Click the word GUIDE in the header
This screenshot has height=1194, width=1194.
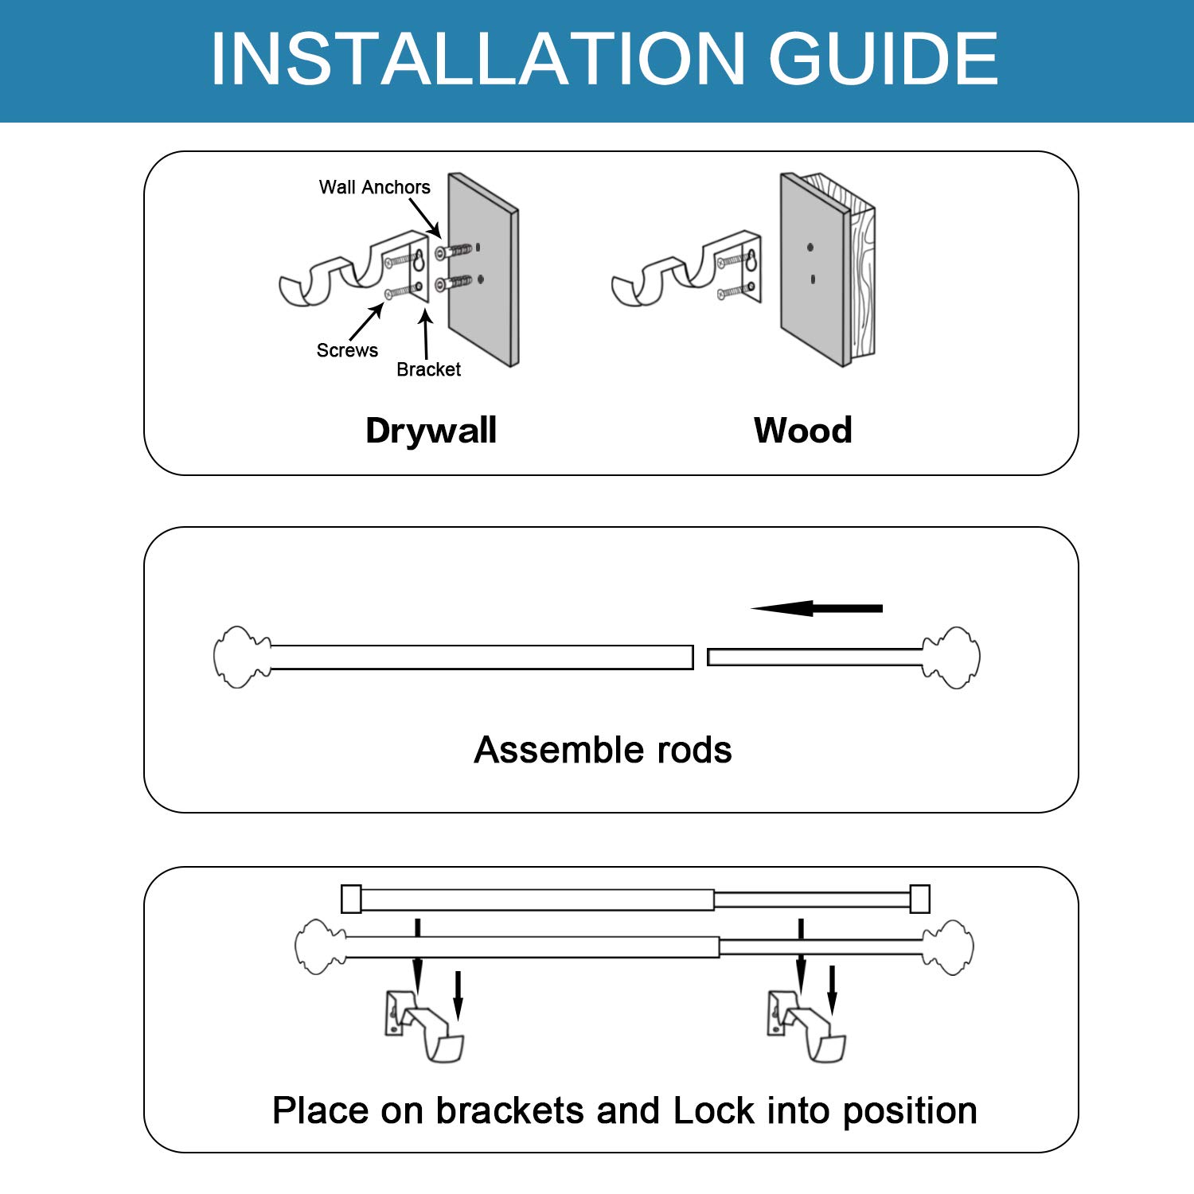click(x=883, y=59)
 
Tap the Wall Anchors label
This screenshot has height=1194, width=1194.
click(x=374, y=187)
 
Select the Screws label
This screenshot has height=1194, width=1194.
click(x=347, y=350)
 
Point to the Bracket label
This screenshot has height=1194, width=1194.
click(x=428, y=369)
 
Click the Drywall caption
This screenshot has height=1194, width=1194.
click(x=431, y=431)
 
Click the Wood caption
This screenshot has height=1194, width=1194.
click(x=802, y=431)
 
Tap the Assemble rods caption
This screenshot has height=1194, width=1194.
click(x=603, y=750)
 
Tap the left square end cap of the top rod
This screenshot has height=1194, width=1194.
click(x=351, y=899)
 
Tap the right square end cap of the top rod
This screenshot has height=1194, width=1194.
click(x=919, y=899)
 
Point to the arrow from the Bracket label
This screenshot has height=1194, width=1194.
click(x=426, y=334)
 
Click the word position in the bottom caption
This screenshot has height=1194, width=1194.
click(x=910, y=1110)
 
